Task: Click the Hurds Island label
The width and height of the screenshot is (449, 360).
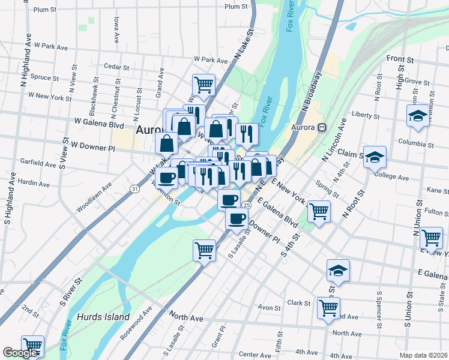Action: [x=103, y=316]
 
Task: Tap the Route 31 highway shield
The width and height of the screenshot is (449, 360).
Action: [x=135, y=189]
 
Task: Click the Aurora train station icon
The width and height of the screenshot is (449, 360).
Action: [x=322, y=127]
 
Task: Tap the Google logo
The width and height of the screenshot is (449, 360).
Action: [x=19, y=353]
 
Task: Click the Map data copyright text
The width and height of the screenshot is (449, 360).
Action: [x=423, y=355]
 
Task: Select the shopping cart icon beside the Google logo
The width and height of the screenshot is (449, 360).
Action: [x=32, y=346]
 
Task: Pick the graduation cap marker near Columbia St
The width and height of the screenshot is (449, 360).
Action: [x=418, y=116]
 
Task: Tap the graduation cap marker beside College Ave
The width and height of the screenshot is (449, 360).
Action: [x=375, y=158]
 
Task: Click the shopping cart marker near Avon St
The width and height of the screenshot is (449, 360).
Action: [x=328, y=308]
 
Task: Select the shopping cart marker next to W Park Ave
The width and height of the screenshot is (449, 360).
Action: [x=204, y=85]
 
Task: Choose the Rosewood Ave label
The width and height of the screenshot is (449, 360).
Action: [x=137, y=324]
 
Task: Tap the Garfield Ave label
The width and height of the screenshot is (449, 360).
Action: [x=21, y=163]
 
